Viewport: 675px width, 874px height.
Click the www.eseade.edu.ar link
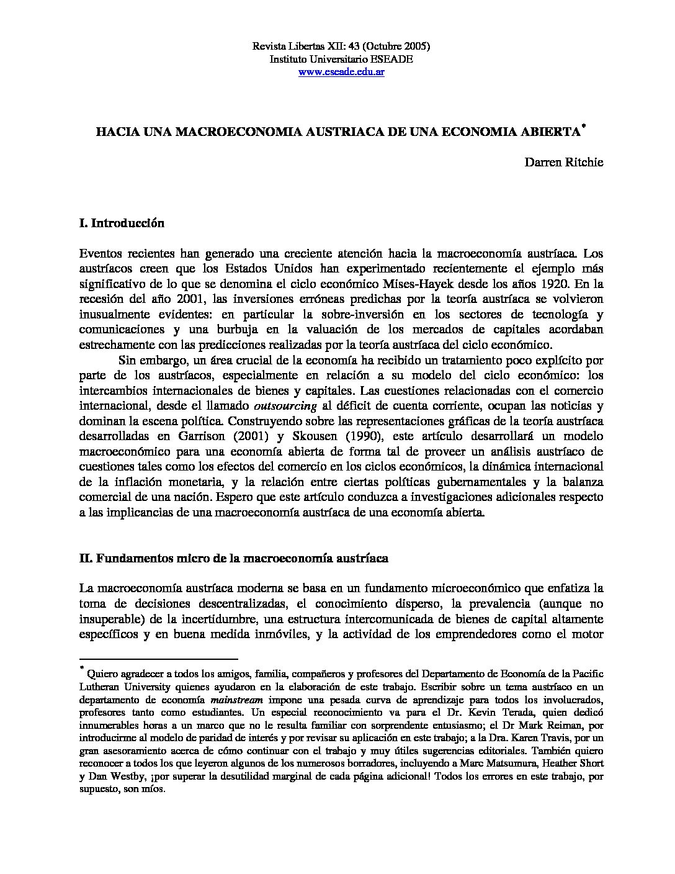point(341,72)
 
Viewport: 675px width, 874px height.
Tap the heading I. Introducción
point(122,223)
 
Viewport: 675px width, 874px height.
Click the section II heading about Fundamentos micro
point(234,558)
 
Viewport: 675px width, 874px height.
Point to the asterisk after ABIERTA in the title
point(584,128)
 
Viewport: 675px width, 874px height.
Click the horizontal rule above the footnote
point(159,659)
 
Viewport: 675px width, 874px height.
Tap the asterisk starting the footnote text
point(82,669)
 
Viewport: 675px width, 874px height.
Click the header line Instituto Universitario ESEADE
point(341,59)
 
